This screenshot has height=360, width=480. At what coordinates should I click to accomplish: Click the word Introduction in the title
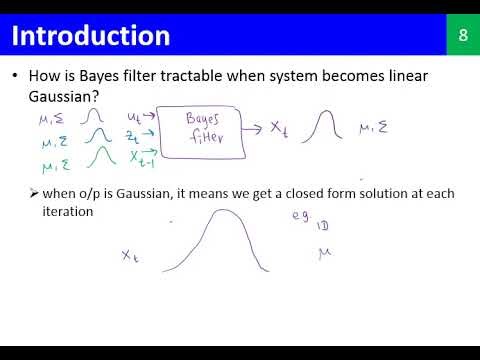(x=90, y=36)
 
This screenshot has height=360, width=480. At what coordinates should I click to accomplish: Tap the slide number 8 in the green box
(x=462, y=36)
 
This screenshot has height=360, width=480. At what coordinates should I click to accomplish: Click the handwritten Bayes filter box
(x=209, y=129)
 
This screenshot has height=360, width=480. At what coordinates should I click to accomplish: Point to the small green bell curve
(x=97, y=158)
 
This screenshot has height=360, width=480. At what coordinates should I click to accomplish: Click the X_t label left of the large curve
(x=129, y=256)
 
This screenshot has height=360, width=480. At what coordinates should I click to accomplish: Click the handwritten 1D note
(x=322, y=228)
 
